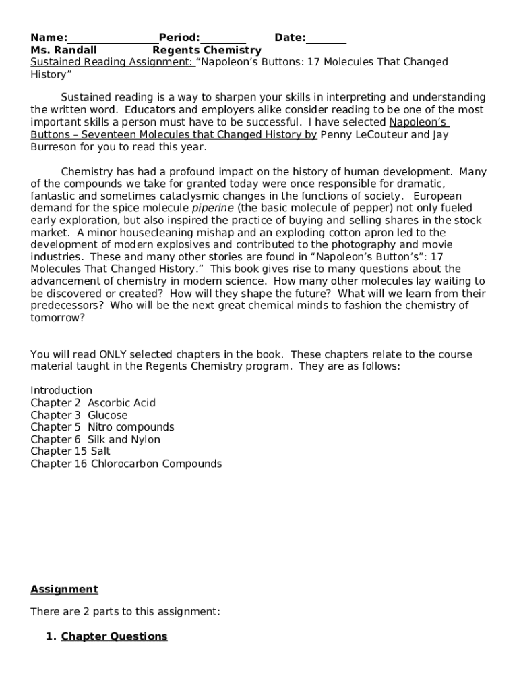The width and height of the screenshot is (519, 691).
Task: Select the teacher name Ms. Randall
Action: tap(63, 50)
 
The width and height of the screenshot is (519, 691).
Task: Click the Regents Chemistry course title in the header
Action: tap(207, 50)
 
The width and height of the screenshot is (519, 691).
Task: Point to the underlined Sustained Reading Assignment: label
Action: tap(113, 62)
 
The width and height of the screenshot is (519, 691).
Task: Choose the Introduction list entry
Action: tap(61, 390)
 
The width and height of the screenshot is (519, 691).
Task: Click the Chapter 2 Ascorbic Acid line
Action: tap(93, 403)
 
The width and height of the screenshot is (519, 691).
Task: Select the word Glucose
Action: tap(107, 415)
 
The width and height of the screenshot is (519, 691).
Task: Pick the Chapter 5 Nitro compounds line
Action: tap(102, 427)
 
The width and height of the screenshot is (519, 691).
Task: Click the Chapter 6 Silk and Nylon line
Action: tap(95, 439)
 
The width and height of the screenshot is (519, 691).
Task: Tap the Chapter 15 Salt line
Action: tap(70, 451)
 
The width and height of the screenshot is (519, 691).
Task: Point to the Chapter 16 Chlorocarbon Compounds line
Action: tap(126, 464)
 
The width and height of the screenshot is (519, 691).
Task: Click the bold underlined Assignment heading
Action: tap(64, 589)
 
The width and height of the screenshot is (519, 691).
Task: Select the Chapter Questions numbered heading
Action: tap(114, 636)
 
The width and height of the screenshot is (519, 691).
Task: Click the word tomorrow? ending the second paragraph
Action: tap(58, 318)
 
